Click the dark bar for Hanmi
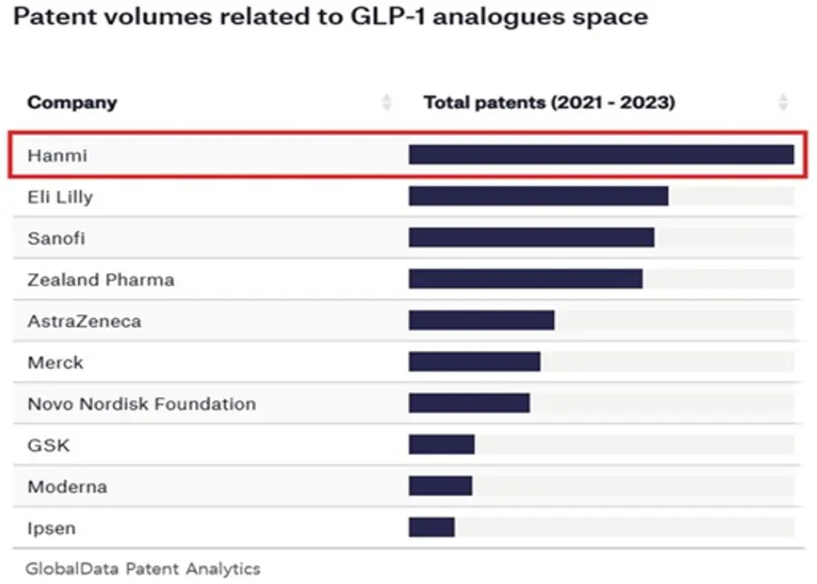tap(601, 155)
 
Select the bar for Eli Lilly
tap(538, 196)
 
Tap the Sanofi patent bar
tap(531, 238)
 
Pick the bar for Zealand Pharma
tap(526, 279)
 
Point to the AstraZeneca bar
tap(481, 321)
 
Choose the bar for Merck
tap(475, 361)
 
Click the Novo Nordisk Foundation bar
tap(469, 403)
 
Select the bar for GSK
tap(442, 445)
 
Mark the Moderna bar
tap(441, 486)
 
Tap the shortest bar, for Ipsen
tap(432, 527)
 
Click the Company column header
tap(73, 103)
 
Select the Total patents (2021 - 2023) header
tap(549, 103)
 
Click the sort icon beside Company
tap(386, 103)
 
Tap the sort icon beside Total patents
tap(783, 103)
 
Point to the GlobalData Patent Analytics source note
tap(143, 569)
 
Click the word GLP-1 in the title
tap(388, 16)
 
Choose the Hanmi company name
tap(57, 155)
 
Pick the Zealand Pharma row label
tap(101, 280)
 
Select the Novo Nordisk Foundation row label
tap(142, 404)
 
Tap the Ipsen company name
tap(52, 529)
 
